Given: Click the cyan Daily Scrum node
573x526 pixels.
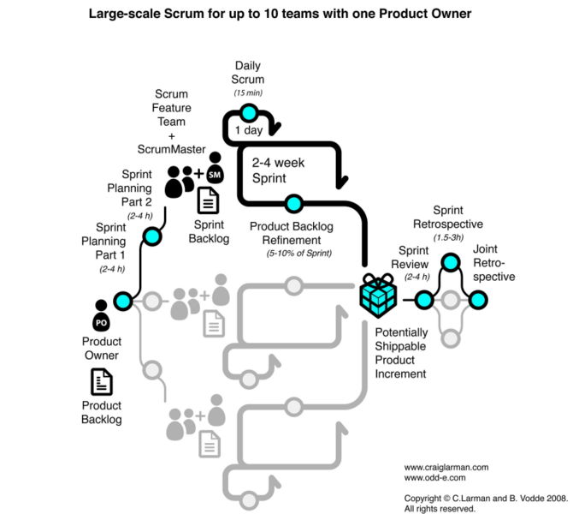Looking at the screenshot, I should click(249, 113).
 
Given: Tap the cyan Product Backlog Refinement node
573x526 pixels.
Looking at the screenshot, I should click(293, 204).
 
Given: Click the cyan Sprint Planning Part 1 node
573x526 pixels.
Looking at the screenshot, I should click(122, 300).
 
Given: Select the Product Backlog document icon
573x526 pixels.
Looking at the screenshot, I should click(102, 382).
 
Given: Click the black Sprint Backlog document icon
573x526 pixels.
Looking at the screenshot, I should click(208, 200).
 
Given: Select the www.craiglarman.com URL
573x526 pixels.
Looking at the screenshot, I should click(446, 467).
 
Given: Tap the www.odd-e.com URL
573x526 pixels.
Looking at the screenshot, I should click(434, 478).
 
